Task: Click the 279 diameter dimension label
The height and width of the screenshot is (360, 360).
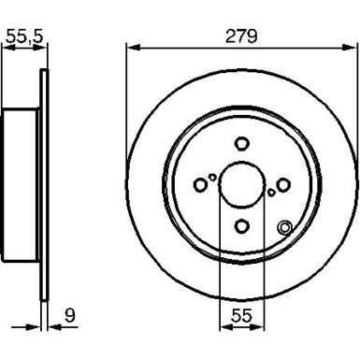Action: tap(241, 36)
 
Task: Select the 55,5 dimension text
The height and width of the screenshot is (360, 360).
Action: tap(23, 37)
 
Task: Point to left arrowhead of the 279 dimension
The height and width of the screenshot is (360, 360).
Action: tap(130, 48)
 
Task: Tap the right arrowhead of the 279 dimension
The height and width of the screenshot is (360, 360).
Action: tap(353, 48)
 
